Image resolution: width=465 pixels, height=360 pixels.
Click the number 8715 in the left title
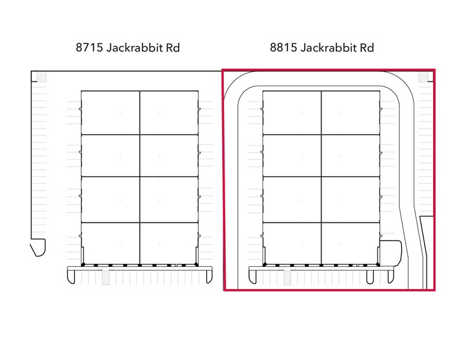tap(89, 48)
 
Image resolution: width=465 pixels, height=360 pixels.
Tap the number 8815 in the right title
tap(283, 48)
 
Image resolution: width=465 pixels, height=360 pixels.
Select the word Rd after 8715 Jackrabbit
tap(173, 48)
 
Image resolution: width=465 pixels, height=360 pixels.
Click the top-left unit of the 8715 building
tap(111, 113)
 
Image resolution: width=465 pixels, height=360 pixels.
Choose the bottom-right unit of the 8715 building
tap(169, 243)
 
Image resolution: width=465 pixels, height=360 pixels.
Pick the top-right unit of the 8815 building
tap(351, 113)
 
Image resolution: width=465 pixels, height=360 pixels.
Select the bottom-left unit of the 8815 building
tap(292, 243)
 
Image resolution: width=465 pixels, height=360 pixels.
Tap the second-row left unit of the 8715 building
tap(111, 156)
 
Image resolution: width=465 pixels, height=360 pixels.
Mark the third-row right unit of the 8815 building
tap(351, 200)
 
